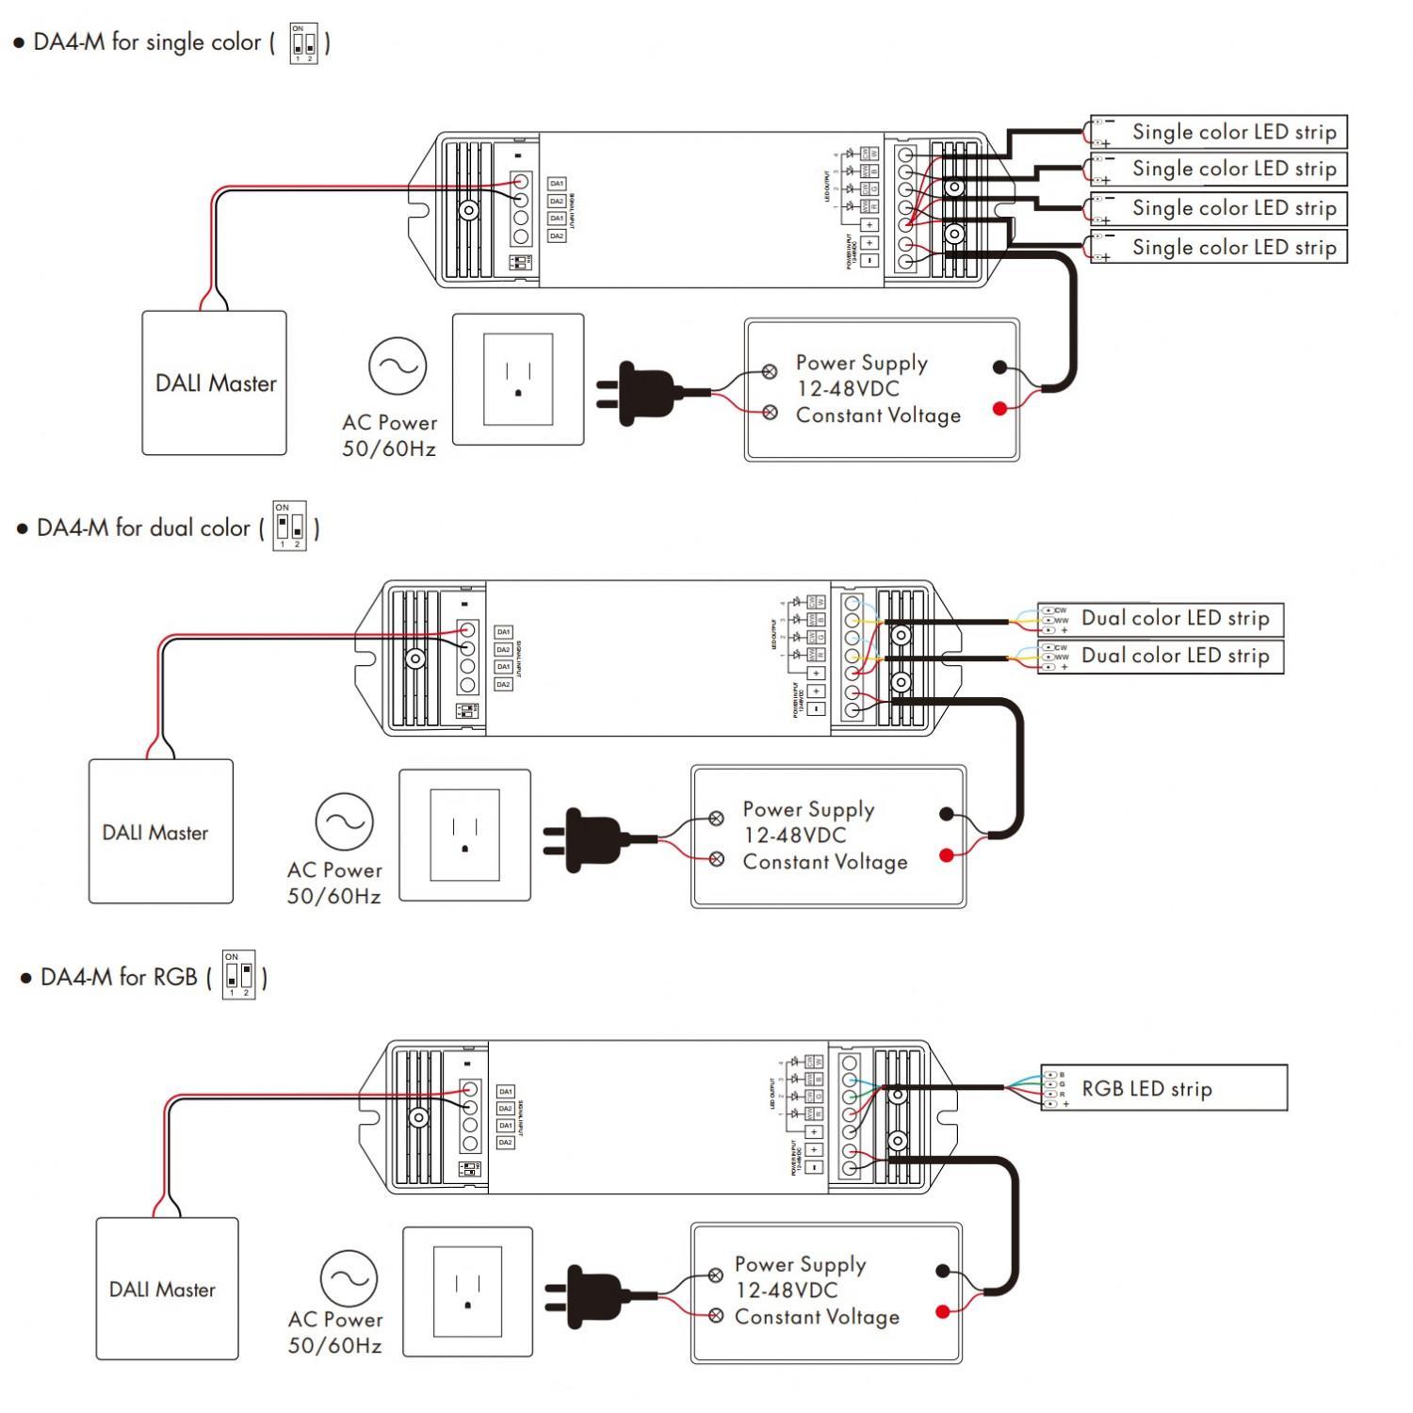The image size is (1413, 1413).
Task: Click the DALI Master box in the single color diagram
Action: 215,383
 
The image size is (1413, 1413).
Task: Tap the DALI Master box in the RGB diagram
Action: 167,1289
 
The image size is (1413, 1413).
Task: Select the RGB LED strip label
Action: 1146,1089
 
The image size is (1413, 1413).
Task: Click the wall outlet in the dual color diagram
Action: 464,836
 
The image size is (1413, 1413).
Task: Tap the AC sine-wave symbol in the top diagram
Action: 398,366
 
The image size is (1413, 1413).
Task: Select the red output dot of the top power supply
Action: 999,409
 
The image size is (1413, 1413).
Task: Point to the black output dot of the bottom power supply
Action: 943,1271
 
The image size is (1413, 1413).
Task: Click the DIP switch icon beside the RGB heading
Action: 238,975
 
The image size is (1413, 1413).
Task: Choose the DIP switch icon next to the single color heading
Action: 303,43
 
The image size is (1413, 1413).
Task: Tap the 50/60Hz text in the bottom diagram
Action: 334,1346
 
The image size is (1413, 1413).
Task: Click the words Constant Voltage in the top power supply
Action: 878,415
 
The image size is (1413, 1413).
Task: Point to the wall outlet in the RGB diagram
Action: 467,1291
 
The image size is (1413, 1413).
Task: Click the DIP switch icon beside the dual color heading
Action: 289,526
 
